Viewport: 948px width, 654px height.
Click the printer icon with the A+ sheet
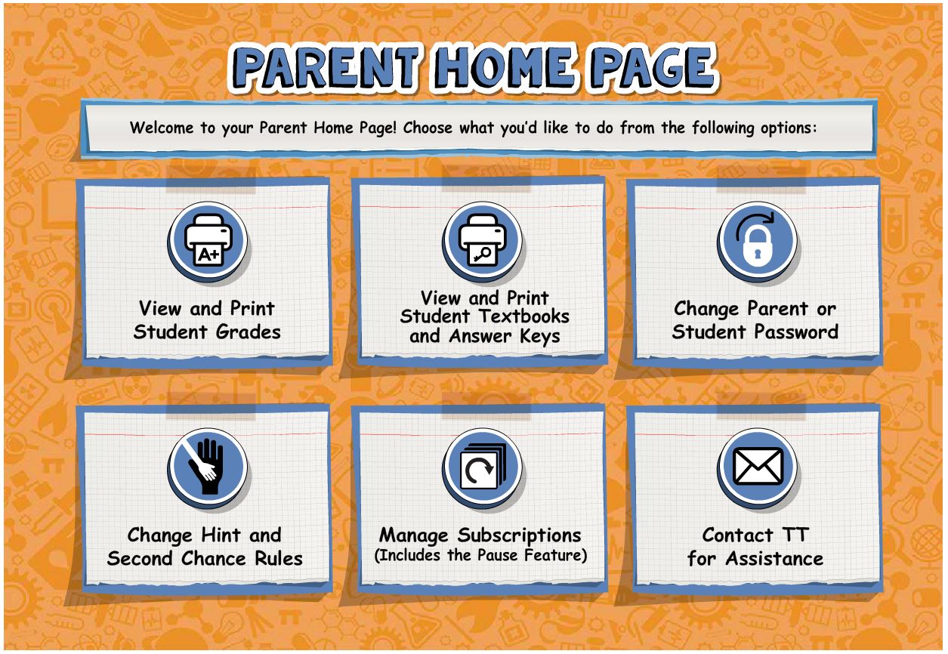click(208, 240)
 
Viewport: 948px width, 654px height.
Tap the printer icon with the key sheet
click(483, 240)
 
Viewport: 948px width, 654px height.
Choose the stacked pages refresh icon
click(483, 466)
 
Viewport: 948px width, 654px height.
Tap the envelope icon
click(758, 466)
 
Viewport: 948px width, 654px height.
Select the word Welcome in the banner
click(161, 128)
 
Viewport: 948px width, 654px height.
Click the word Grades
click(248, 332)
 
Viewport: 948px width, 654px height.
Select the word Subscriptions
click(519, 536)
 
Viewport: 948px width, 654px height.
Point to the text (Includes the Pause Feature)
click(480, 555)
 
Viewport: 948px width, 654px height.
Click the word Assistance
click(774, 559)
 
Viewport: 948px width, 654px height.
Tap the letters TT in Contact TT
click(795, 535)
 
